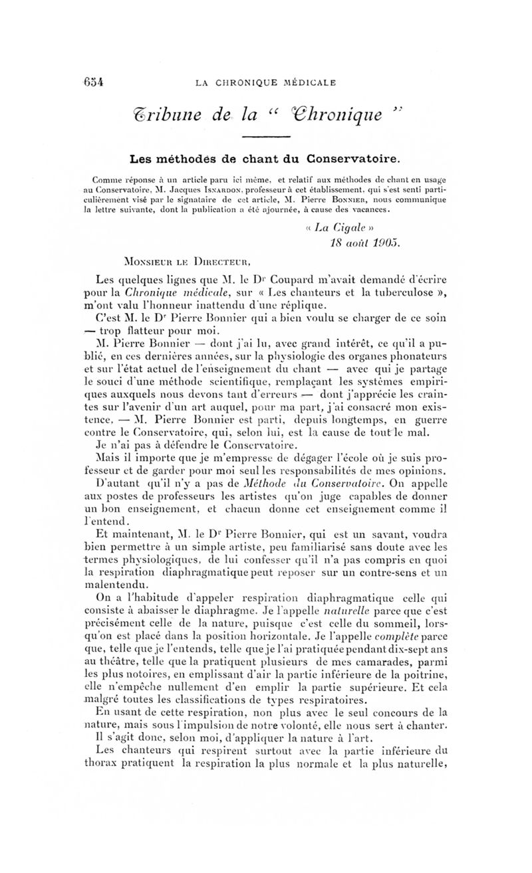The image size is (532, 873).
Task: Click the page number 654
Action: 95,82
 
